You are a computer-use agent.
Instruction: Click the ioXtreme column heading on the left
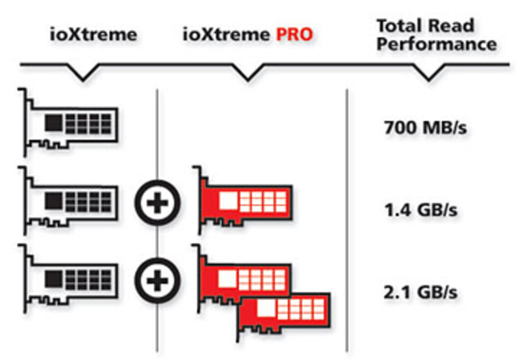93,35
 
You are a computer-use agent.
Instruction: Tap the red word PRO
295,35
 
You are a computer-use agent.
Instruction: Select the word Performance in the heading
437,45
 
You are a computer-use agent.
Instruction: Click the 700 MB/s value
425,129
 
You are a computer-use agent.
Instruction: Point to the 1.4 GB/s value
420,211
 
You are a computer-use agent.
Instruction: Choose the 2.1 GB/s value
420,292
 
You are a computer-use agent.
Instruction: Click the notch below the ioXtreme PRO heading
247,74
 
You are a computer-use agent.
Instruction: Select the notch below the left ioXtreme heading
83,74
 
